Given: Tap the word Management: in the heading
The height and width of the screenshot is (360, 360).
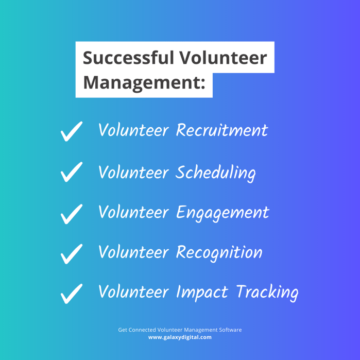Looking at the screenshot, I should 141,82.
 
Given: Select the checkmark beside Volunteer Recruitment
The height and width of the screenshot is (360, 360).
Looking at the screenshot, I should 72,131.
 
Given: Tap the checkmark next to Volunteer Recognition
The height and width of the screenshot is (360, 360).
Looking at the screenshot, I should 72,253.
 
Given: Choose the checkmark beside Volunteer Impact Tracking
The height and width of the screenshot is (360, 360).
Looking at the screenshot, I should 72,294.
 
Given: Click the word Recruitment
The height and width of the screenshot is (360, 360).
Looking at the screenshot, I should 221,130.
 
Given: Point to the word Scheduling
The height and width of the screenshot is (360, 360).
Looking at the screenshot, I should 215,172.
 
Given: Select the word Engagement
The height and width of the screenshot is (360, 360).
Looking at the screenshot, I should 222,213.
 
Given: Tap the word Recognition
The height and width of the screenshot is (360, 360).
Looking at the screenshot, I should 219,252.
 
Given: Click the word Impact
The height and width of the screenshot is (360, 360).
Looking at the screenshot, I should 202,293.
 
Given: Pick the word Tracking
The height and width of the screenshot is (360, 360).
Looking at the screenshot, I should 267,293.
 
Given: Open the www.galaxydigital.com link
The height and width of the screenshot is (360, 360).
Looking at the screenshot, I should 180,337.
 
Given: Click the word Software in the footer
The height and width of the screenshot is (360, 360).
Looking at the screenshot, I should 229,330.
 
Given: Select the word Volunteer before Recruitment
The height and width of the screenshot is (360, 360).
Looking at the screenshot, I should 133,130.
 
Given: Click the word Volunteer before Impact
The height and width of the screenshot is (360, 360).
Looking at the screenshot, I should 133,293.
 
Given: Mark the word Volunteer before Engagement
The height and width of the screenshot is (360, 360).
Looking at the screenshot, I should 133,212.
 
